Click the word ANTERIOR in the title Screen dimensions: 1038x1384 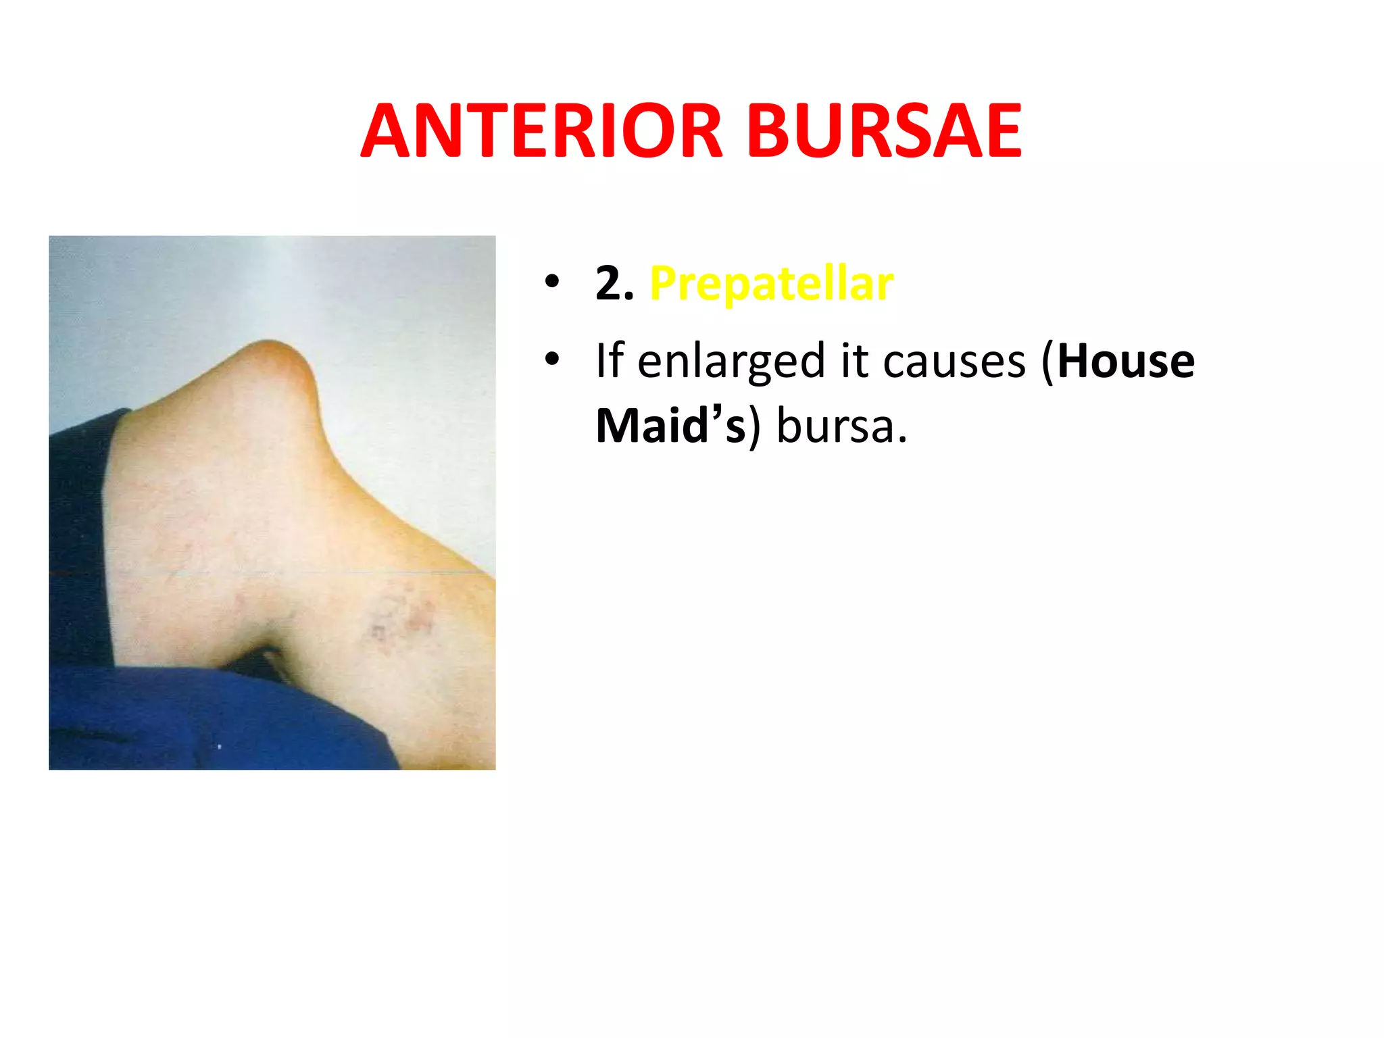coord(541,131)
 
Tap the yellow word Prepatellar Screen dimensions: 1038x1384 coord(771,284)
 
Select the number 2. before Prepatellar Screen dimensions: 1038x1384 coord(614,284)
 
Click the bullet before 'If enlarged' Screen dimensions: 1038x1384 coord(552,359)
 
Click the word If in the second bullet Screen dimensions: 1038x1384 coord(609,361)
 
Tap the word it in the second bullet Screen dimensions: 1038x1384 coord(854,361)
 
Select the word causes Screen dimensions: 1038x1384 coord(954,362)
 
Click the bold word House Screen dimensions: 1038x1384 coord(1126,361)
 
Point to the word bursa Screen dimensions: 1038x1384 coord(841,426)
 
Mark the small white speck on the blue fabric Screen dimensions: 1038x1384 coord(219,747)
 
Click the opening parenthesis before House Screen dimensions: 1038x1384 coord(1047,362)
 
